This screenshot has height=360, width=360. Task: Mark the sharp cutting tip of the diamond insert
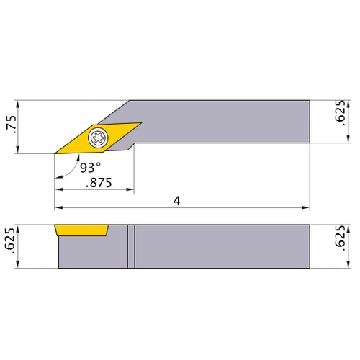tap(55, 153)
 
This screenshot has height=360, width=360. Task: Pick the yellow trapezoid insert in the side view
tap(81, 230)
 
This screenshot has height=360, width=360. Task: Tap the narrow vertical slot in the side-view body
tap(131, 247)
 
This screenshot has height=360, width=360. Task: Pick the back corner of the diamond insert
tap(141, 122)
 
